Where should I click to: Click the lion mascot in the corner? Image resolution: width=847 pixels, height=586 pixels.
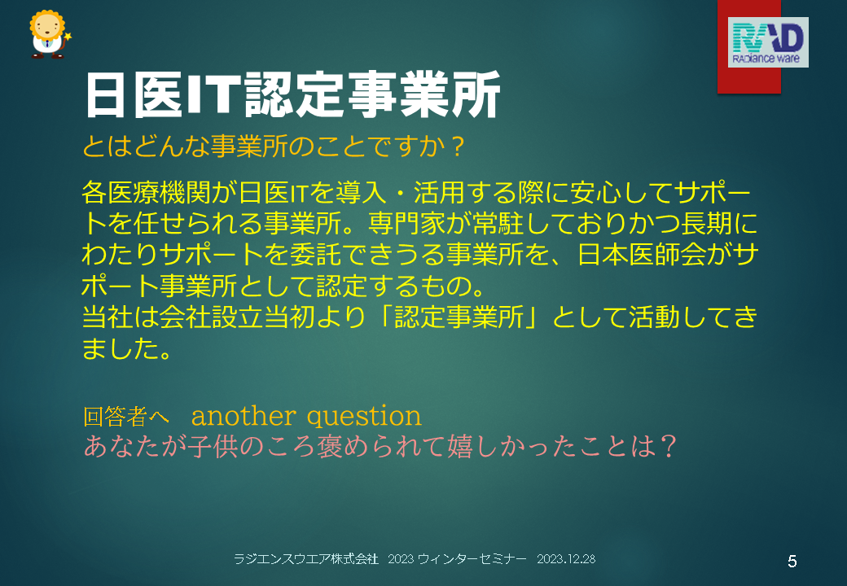click(49, 34)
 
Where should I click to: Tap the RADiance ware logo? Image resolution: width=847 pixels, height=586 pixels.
click(768, 42)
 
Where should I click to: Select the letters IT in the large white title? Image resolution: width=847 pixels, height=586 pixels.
click(213, 95)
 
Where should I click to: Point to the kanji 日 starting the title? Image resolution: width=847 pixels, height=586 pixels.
click(106, 95)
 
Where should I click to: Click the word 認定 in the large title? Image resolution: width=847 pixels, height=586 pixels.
click(294, 95)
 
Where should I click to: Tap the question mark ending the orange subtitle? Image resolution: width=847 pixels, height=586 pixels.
click(458, 146)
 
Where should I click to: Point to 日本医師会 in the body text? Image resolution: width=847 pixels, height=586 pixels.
click(642, 255)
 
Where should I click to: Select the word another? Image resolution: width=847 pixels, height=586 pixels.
click(244, 416)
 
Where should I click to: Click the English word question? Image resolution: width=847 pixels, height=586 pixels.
click(364, 417)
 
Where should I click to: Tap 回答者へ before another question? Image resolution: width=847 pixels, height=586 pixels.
click(126, 416)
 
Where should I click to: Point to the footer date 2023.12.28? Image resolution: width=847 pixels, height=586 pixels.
click(566, 559)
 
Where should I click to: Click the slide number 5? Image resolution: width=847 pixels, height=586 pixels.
click(792, 562)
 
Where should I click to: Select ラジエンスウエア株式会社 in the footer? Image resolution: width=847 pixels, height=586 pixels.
click(306, 559)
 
